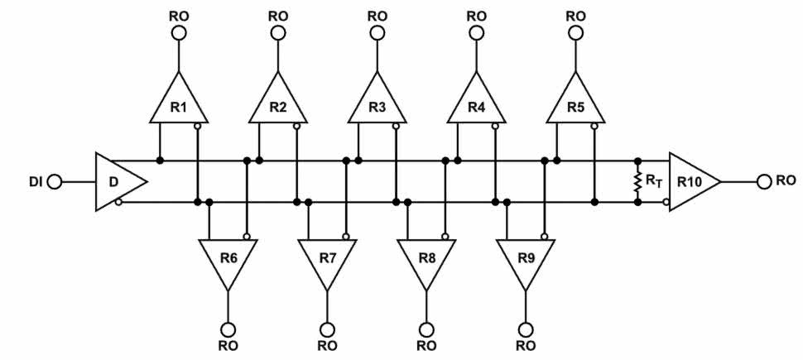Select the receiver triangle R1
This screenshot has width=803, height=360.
pos(179,103)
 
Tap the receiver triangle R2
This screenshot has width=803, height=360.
pos(278,103)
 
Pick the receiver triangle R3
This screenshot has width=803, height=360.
pos(377,103)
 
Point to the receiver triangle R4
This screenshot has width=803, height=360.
pos(476,103)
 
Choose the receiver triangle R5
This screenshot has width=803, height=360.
pos(575,103)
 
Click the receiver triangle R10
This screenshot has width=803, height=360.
pos(692,180)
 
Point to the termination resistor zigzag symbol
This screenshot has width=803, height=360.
pos(637,180)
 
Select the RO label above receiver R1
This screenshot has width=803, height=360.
pos(179,14)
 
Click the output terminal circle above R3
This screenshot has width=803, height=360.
pos(377,32)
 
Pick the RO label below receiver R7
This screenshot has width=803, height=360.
pos(327,346)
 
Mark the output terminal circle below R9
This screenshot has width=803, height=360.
pos(525,329)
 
